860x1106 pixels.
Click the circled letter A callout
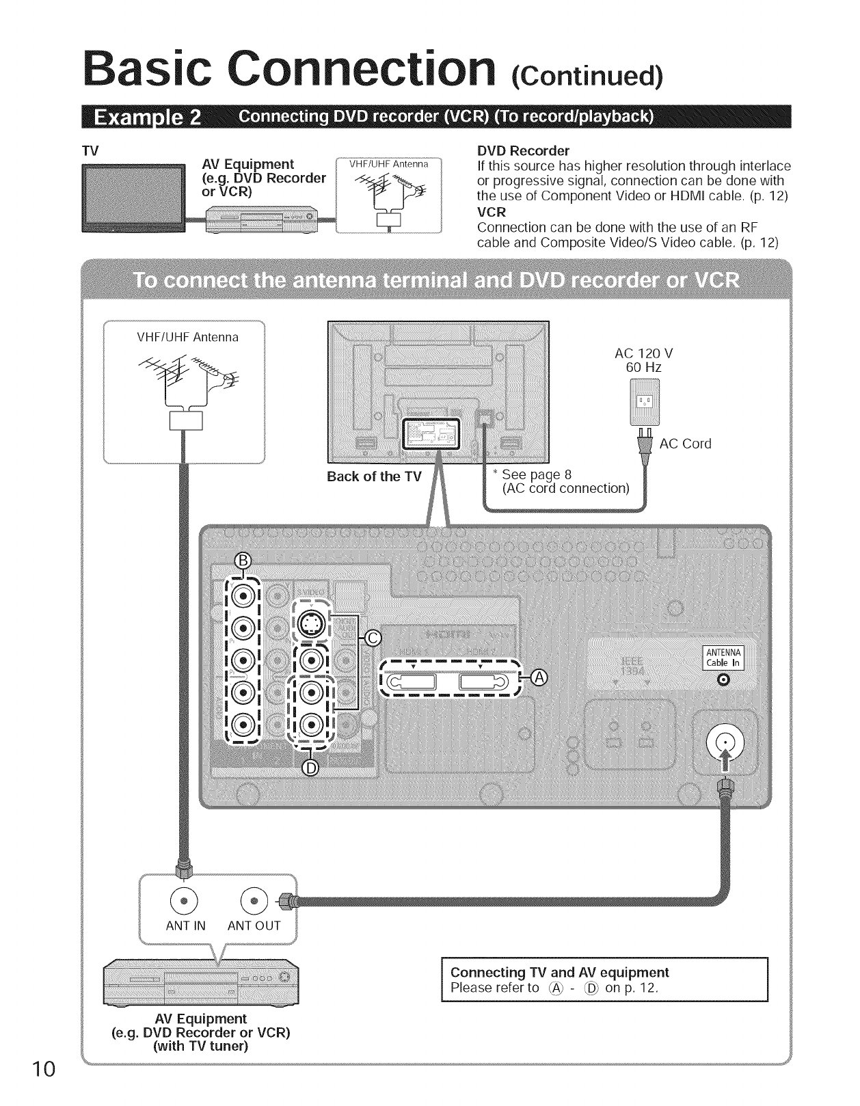pos(539,677)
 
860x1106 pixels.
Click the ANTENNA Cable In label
pos(724,657)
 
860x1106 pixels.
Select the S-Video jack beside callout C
pos(311,623)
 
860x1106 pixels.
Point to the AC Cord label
pos(685,444)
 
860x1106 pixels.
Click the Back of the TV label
pos(374,476)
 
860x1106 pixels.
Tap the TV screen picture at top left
pos(132,193)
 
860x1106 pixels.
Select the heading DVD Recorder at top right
pos(523,150)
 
